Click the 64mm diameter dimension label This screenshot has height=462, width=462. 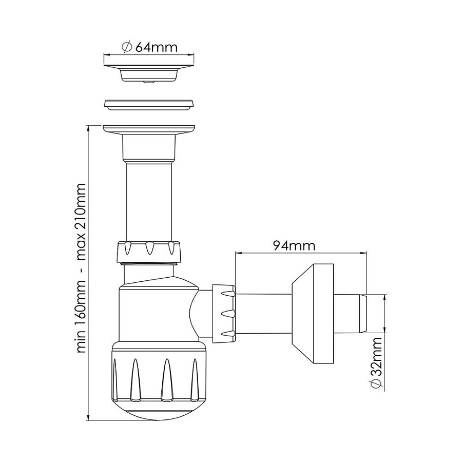[149, 47]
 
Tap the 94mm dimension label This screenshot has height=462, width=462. [294, 245]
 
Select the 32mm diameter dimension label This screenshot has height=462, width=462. [376, 364]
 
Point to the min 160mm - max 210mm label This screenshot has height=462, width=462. [80, 268]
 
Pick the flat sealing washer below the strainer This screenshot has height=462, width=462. [149, 104]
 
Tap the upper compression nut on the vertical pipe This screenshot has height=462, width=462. [149, 252]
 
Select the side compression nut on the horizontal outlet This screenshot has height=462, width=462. [224, 314]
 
